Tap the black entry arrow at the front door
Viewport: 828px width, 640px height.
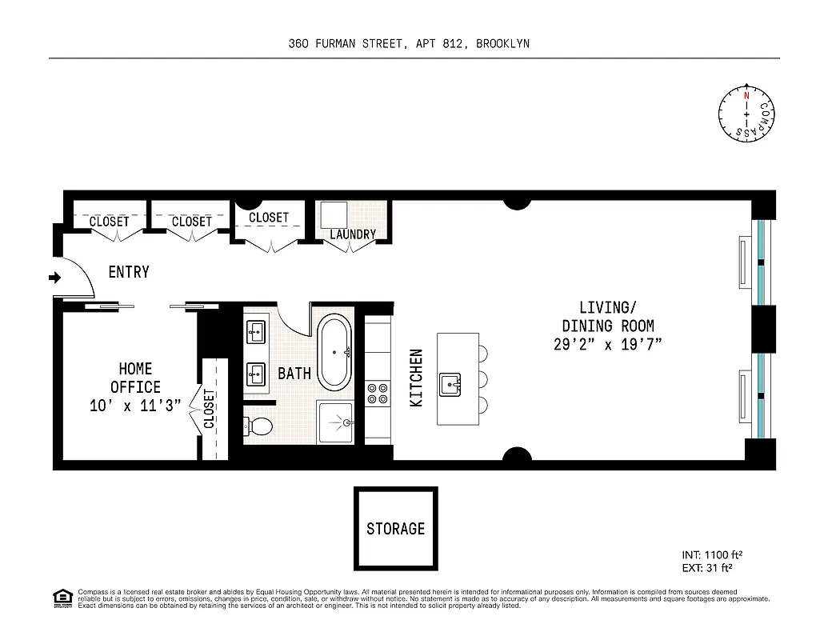[55, 278]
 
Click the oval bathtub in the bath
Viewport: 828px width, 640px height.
[334, 352]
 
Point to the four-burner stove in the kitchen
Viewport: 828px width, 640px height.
[378, 393]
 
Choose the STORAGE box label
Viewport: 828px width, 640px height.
[396, 529]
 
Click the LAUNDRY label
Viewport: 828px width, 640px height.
[353, 234]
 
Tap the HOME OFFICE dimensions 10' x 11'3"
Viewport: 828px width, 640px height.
[135, 406]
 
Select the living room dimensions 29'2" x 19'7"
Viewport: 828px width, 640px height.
[608, 344]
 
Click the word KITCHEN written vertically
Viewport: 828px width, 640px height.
[416, 378]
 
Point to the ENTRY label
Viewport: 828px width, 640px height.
[129, 272]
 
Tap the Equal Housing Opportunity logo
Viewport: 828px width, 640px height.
[62, 597]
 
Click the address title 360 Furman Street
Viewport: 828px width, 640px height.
[409, 44]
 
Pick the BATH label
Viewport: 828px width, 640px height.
[294, 374]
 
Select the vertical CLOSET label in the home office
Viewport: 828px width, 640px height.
[209, 409]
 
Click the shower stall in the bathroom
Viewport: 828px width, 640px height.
[335, 420]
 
